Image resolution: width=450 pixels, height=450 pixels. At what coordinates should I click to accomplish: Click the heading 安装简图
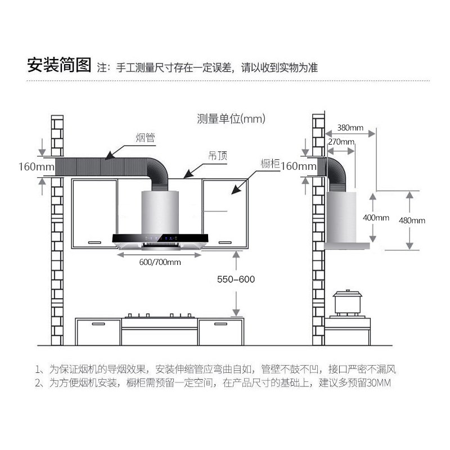59,66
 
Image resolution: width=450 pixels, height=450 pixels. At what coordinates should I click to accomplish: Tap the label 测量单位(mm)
231,119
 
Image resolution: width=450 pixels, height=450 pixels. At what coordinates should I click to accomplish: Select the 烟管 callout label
145,137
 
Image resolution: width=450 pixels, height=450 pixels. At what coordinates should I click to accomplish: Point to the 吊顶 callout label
218,156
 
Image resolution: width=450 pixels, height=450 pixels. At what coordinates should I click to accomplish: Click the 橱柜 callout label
270,164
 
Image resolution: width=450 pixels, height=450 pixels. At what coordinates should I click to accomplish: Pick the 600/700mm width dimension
160,262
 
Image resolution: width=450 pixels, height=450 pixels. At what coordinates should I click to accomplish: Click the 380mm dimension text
350,127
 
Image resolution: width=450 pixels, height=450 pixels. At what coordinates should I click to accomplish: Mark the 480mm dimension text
412,220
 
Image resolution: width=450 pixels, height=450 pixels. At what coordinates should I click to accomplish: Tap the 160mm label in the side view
298,166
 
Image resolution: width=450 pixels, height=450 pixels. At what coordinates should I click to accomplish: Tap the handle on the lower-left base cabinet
99,324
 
